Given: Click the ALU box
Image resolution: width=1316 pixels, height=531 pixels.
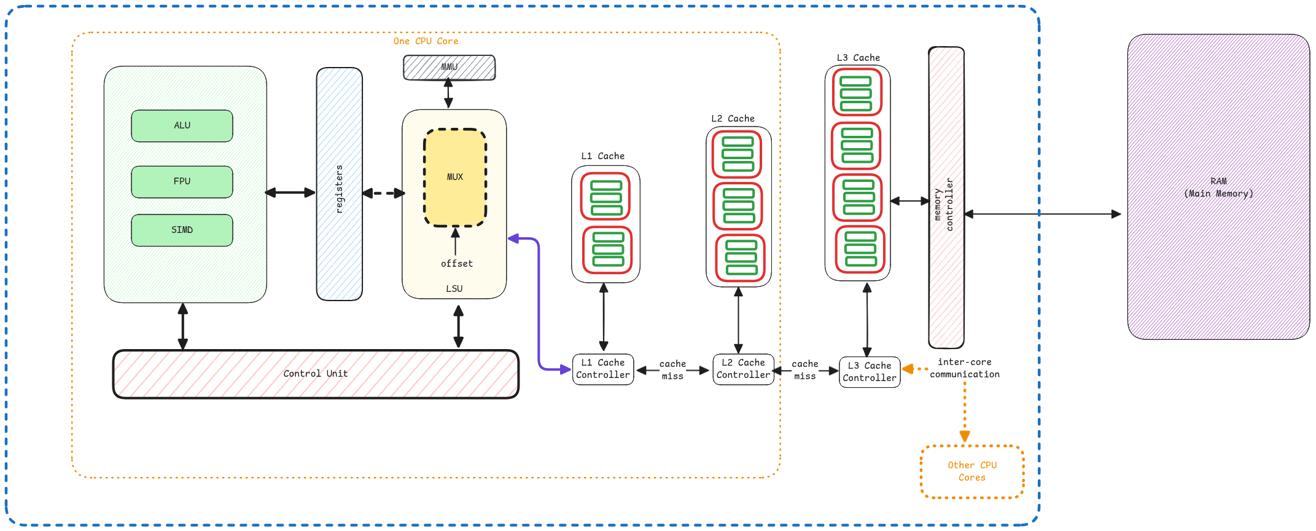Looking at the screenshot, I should [182, 126].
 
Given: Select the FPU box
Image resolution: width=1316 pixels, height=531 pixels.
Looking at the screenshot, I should [182, 182].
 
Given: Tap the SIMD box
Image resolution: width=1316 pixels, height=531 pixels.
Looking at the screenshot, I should [182, 230].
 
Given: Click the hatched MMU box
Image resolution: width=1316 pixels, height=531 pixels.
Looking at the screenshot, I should [449, 68].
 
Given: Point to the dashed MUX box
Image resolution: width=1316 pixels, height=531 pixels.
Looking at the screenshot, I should [455, 177].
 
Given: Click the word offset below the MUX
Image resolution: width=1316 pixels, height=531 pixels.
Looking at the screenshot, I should [457, 264].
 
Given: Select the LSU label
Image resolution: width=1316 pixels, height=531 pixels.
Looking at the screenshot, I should [454, 289].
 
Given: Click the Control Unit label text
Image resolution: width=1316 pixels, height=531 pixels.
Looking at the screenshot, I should [316, 374].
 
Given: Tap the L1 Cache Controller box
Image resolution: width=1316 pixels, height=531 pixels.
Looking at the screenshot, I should [603, 369].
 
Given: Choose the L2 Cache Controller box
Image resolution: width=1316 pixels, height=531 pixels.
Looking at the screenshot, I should [743, 369].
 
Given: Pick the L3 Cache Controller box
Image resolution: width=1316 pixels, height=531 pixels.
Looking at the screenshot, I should [870, 372].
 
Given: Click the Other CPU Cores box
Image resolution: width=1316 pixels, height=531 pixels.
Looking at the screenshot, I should [972, 471].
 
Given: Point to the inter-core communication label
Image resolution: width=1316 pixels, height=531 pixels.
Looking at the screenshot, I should [965, 368].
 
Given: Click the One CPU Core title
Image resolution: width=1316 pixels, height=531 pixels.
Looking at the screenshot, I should [426, 41].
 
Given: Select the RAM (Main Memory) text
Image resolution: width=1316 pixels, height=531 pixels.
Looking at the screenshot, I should [1218, 187].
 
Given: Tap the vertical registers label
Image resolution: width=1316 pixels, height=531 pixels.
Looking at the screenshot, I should [340, 189].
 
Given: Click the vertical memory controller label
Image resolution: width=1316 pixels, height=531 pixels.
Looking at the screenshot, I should [944, 205].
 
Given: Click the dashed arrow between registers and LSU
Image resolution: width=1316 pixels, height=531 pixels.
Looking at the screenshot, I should [383, 194].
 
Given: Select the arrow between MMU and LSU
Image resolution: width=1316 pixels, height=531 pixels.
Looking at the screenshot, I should [448, 94].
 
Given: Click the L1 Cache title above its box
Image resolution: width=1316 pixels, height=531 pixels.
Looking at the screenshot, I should [602, 156].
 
